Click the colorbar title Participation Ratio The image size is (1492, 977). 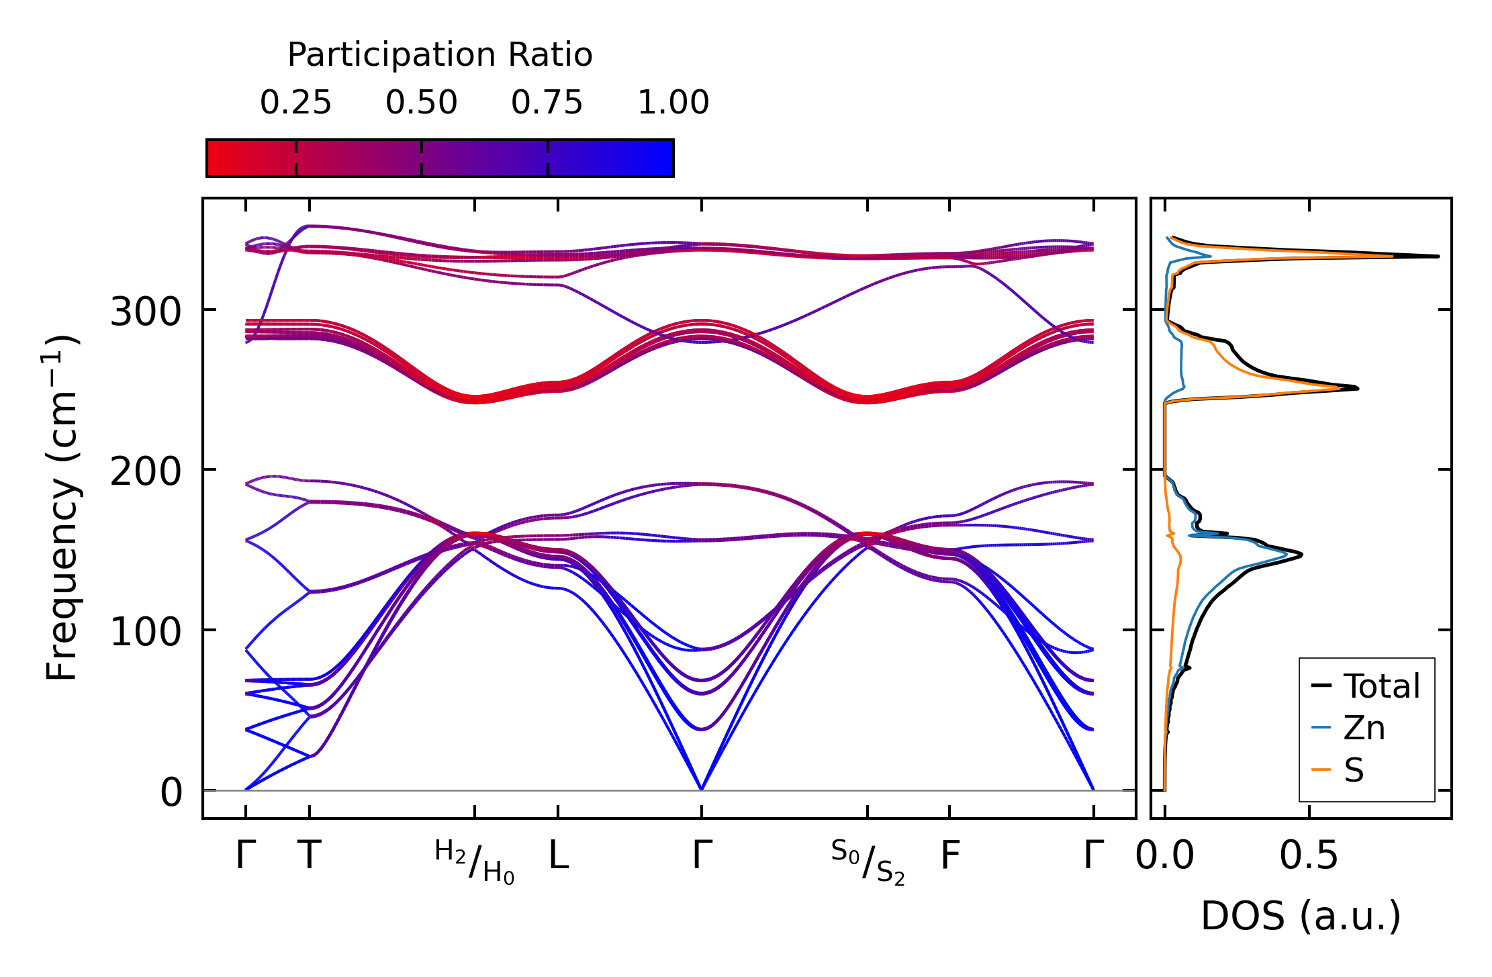pyautogui.click(x=440, y=55)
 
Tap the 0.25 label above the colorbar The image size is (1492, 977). pyautogui.click(x=295, y=103)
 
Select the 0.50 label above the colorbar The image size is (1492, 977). pyautogui.click(x=421, y=103)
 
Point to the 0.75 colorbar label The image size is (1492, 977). pyautogui.click(x=547, y=103)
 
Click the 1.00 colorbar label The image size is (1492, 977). pyautogui.click(x=673, y=103)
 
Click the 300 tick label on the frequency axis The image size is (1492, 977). pyautogui.click(x=146, y=312)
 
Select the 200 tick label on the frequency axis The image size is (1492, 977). pyautogui.click(x=146, y=471)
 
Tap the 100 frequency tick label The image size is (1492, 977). pyautogui.click(x=146, y=632)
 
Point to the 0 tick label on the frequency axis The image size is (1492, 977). pyautogui.click(x=171, y=792)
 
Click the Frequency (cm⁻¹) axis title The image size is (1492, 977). pyautogui.click(x=62, y=508)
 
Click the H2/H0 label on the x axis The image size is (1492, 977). pyautogui.click(x=475, y=862)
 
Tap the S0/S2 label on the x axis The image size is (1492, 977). pyautogui.click(x=868, y=862)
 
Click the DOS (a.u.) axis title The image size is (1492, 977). pyautogui.click(x=1301, y=916)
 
